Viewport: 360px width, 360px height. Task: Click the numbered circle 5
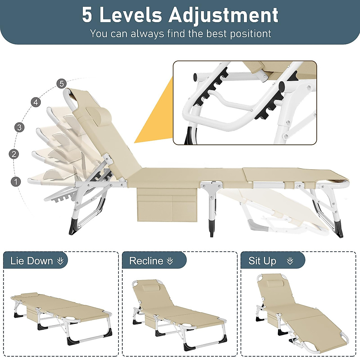coord(61,84)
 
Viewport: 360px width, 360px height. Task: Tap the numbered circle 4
coord(36,102)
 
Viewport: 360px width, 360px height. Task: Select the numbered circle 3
coord(19,127)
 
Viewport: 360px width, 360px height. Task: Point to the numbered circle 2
coord(14,154)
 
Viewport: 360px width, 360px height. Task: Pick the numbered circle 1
coord(16,181)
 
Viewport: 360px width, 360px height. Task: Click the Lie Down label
coord(31,261)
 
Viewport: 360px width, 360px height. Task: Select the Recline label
coord(146,261)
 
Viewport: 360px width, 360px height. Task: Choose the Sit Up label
coord(262,261)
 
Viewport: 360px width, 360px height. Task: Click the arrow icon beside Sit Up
coord(290,261)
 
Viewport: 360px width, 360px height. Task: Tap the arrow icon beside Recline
coord(170,261)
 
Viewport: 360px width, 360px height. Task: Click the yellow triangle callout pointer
coord(156,117)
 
